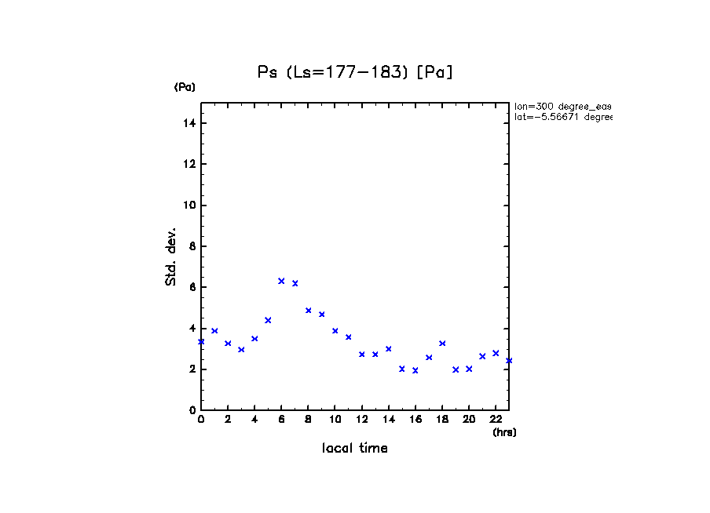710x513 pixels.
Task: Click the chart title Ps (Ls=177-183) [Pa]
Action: tap(355, 72)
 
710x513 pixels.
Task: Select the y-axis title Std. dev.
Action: tap(171, 257)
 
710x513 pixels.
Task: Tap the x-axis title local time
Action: tap(355, 449)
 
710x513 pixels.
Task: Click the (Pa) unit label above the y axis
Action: tap(185, 87)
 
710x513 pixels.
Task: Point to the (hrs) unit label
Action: tap(504, 432)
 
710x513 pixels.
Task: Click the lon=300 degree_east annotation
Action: tap(562, 106)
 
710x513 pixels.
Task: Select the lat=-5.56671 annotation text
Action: tap(562, 117)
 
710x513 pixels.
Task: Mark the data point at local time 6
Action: tap(281, 281)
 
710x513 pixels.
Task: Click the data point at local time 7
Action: tap(295, 283)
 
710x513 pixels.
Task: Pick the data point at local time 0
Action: tap(201, 342)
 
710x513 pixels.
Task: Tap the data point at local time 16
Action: tap(415, 370)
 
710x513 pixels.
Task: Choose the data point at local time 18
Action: tap(442, 344)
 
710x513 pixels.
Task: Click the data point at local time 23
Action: tap(509, 361)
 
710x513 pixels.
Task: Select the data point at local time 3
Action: tap(241, 350)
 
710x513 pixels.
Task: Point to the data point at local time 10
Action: tap(335, 331)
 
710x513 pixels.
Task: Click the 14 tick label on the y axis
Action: tap(188, 123)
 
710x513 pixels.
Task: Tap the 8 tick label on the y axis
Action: tap(191, 246)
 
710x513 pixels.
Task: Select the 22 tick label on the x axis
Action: tap(496, 420)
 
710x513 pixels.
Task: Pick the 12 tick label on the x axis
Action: tap(361, 420)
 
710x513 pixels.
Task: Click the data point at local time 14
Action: tap(388, 349)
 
